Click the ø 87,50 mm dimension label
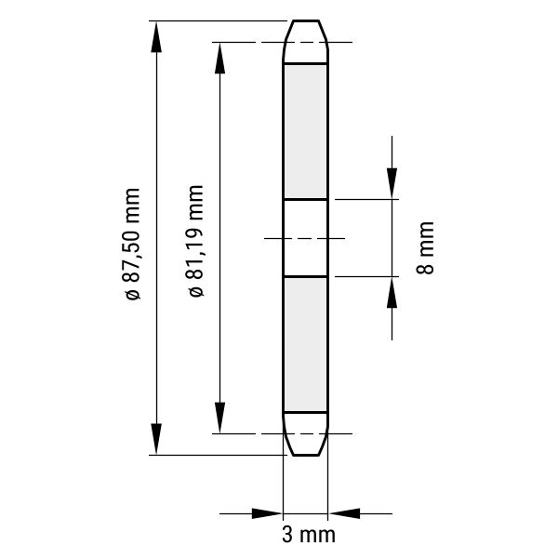click(x=133, y=244)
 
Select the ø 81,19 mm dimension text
click(x=196, y=241)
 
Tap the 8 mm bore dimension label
click(x=425, y=247)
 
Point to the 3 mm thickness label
click(x=309, y=535)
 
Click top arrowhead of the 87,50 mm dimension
click(x=156, y=36)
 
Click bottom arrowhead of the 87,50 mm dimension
click(x=156, y=439)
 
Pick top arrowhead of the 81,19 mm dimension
click(x=219, y=58)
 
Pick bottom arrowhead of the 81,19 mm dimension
click(x=219, y=418)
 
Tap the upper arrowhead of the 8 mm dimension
click(x=392, y=183)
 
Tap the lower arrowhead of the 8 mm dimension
click(x=392, y=292)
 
